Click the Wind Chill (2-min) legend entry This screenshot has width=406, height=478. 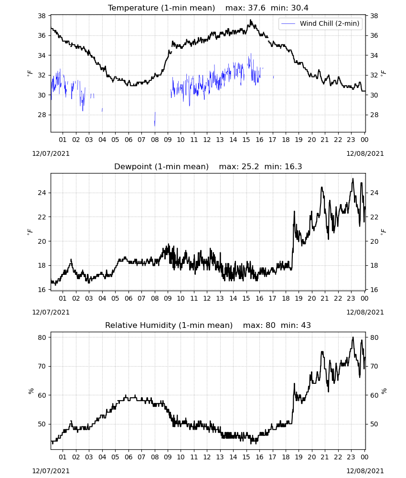point(320,23)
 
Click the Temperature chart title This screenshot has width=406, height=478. point(208,8)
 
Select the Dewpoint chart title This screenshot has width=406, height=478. point(208,166)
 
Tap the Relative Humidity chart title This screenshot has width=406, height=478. point(208,325)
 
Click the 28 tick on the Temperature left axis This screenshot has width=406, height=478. point(42,115)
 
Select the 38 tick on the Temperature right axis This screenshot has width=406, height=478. point(374,16)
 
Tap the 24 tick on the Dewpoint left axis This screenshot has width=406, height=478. point(42,193)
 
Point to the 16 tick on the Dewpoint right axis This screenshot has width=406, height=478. point(374,290)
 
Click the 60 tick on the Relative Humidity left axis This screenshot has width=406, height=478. point(42,395)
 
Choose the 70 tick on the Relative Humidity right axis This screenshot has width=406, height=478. point(374,366)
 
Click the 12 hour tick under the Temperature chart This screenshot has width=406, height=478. point(207,140)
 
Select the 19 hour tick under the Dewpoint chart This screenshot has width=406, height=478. point(299,298)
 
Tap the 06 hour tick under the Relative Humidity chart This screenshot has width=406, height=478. point(128,457)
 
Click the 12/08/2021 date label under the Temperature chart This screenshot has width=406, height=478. point(365,153)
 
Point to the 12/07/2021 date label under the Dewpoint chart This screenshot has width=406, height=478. point(51,312)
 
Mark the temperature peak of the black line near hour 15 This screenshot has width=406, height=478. point(251,20)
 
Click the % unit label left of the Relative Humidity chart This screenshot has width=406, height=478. point(31,391)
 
